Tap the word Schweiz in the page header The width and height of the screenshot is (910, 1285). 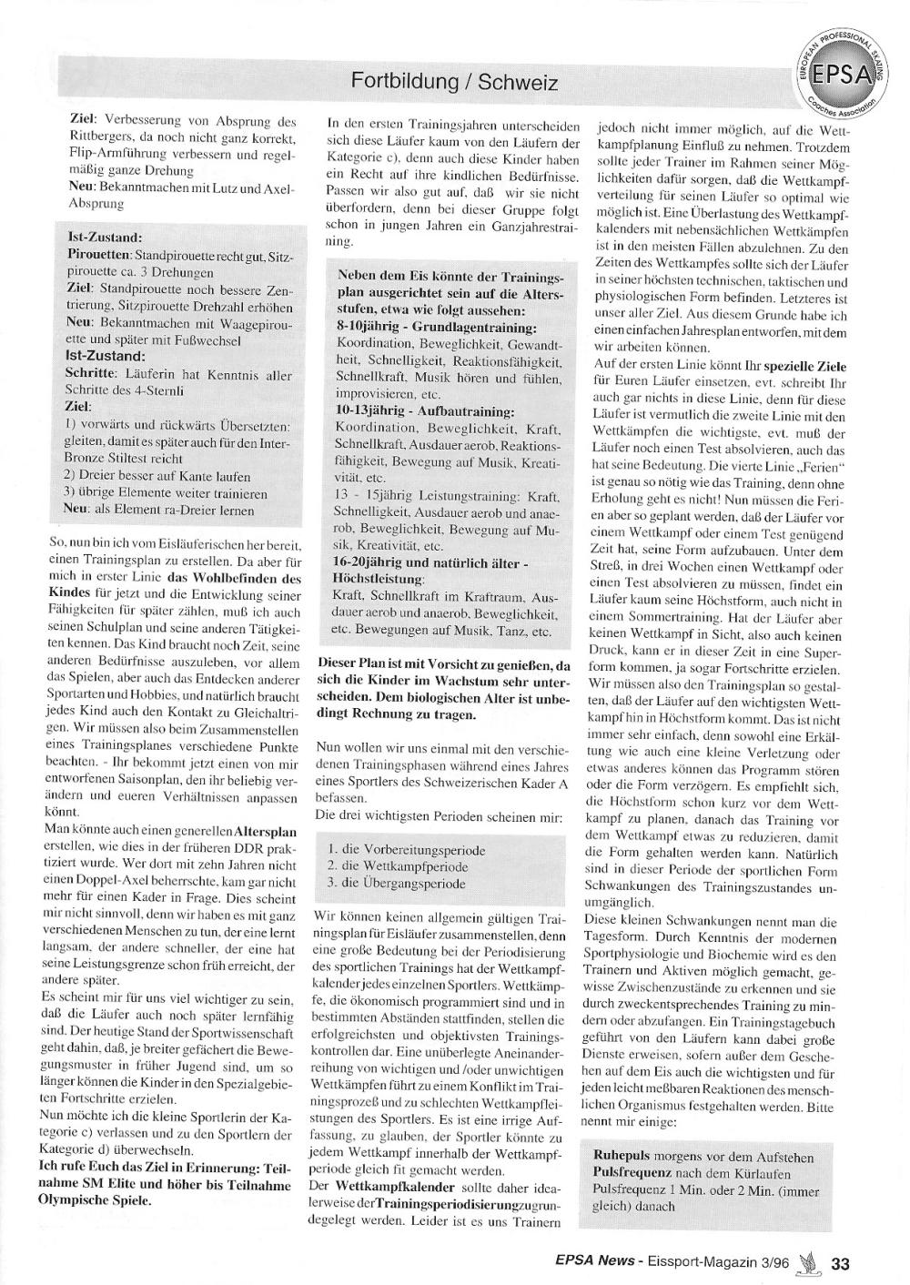coord(518,82)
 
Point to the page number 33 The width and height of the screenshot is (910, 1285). coord(840,1264)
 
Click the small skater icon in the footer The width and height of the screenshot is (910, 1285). coord(808,1263)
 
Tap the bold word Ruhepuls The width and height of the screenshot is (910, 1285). coord(622,1158)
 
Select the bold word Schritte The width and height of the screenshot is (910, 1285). coord(89,374)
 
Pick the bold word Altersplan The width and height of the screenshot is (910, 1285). coord(265,832)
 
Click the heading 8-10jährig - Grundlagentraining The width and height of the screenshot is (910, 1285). coord(437,326)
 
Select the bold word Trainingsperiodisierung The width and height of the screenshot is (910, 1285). coord(438,1205)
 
